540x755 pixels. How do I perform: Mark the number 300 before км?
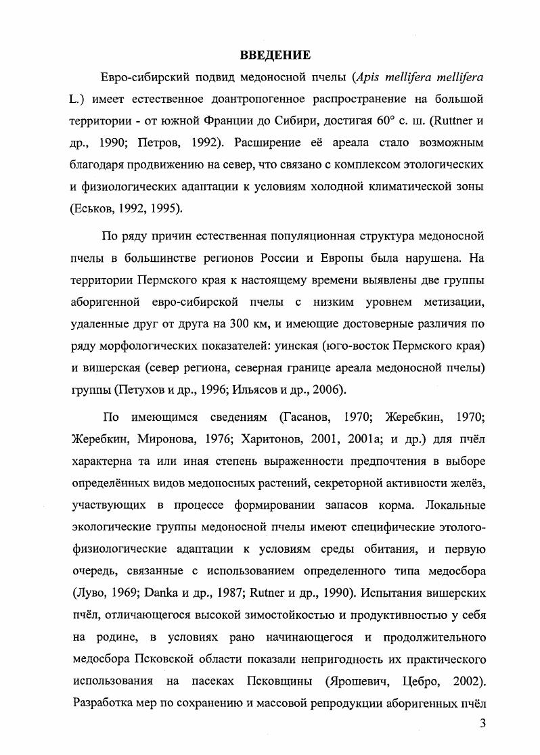pos(241,323)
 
